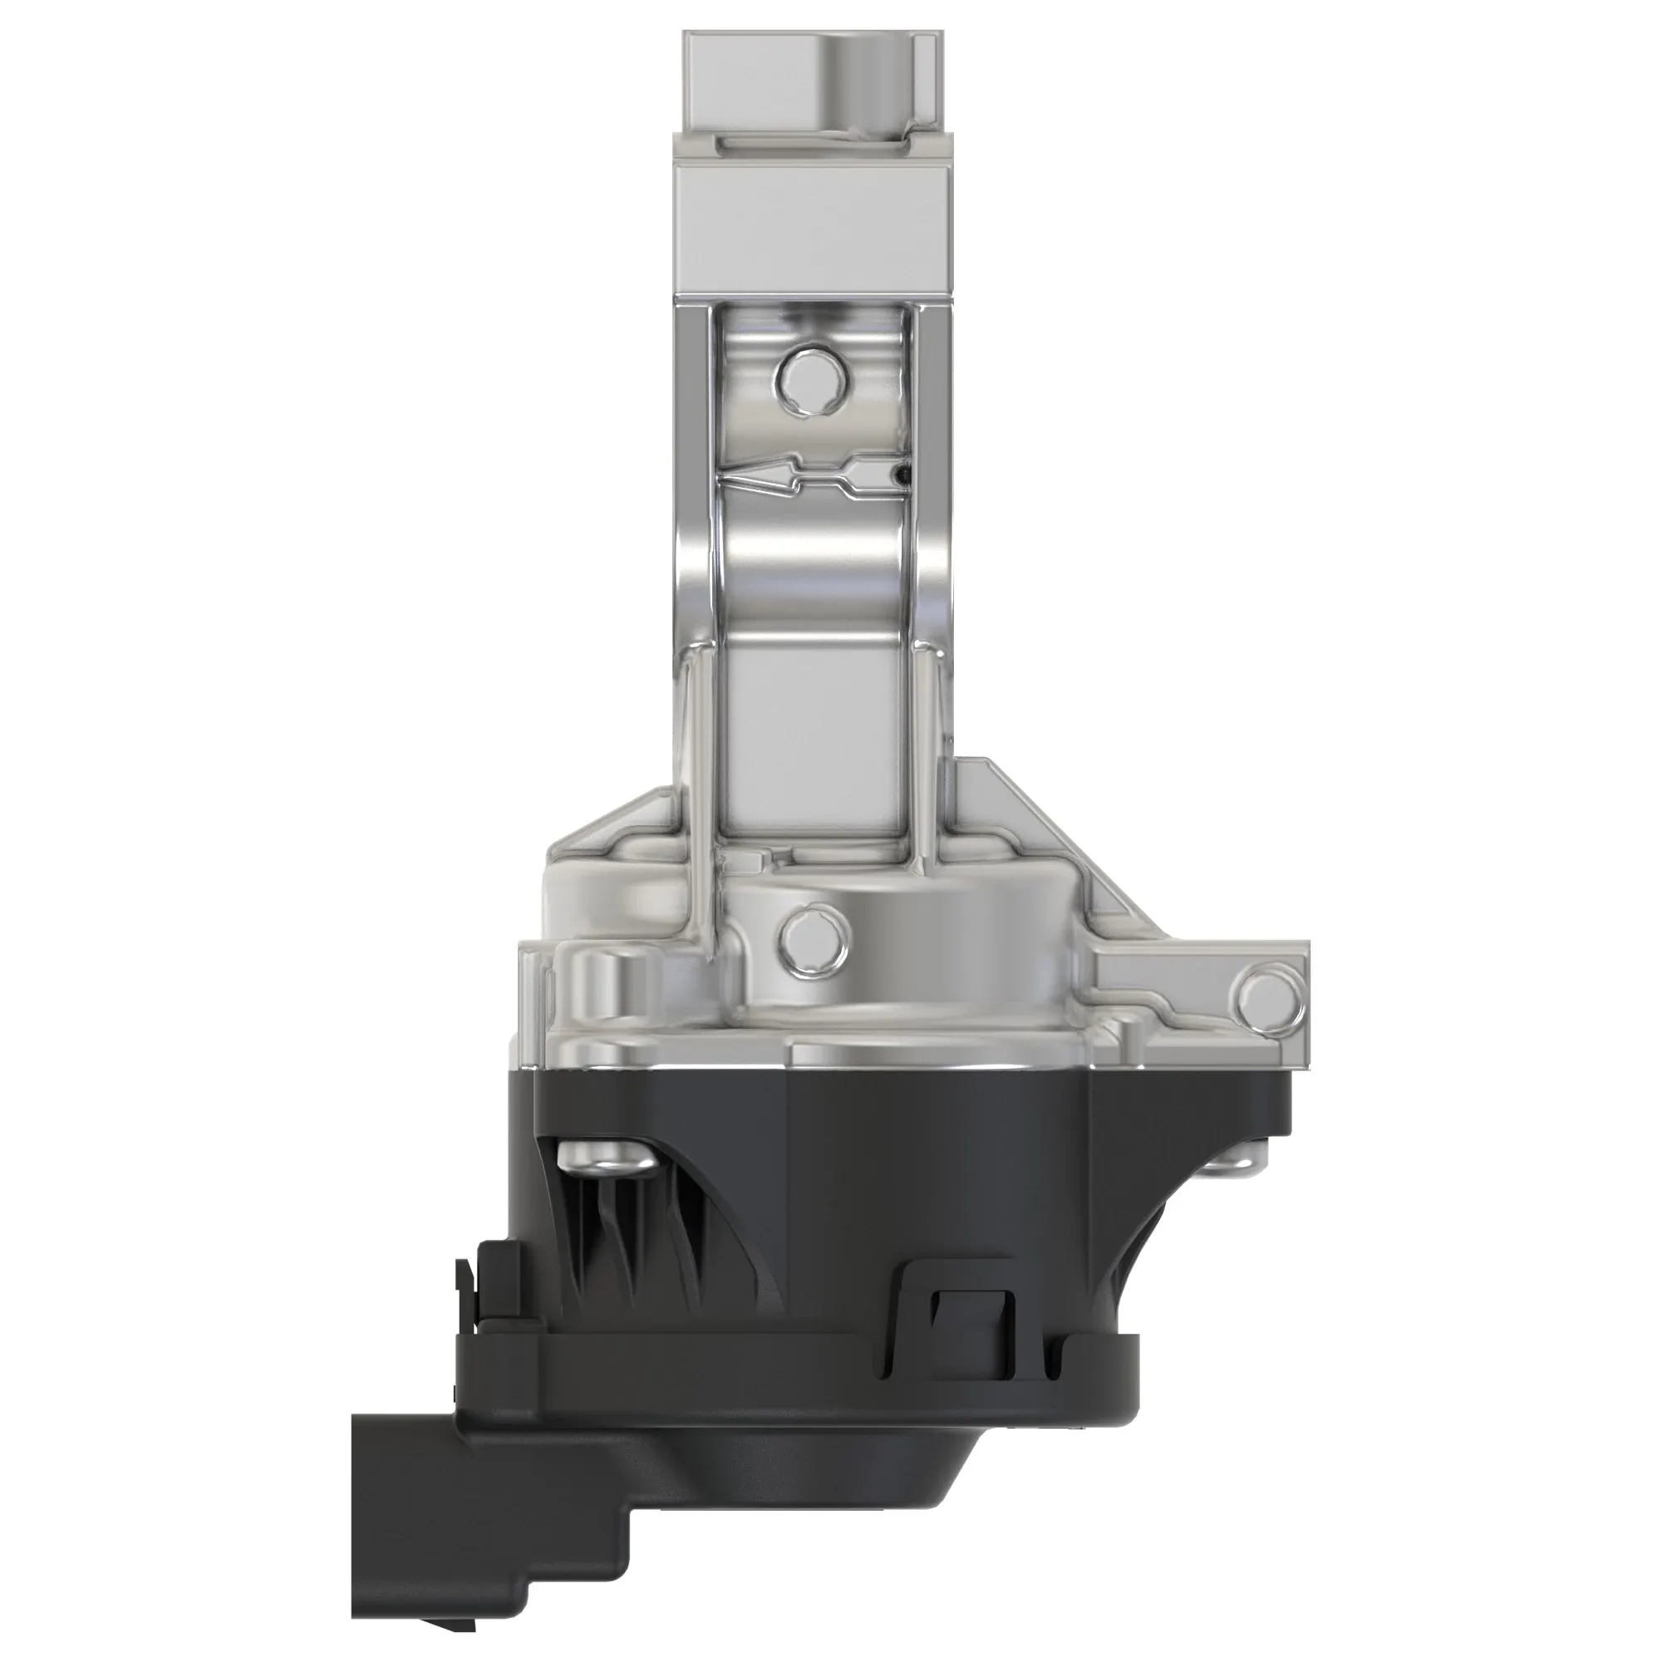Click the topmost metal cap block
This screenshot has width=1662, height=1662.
tap(813, 81)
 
